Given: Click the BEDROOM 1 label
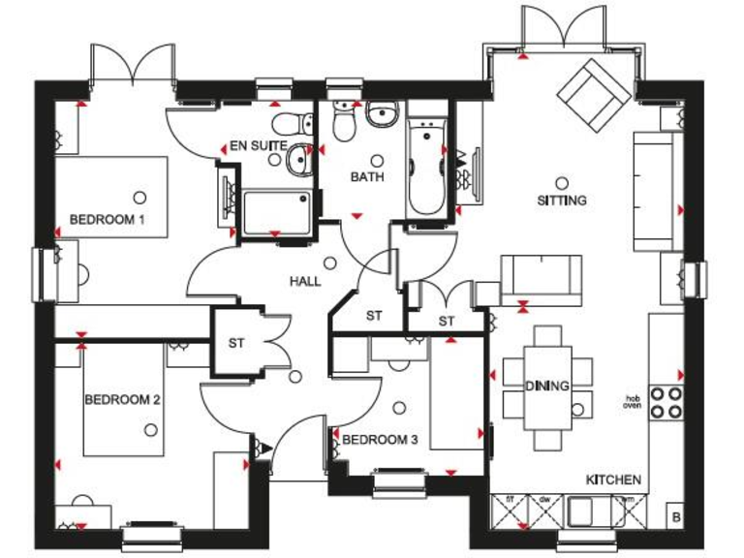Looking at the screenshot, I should tap(108, 220).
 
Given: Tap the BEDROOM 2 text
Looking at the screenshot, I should tap(122, 399).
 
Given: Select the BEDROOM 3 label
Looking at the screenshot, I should tap(380, 440).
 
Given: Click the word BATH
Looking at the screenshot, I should tap(367, 177).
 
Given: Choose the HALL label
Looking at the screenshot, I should tap(305, 281).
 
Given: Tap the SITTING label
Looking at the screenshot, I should tap(562, 201).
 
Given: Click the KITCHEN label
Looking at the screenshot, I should tap(613, 480).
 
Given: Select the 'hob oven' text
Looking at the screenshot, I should tap(633, 402).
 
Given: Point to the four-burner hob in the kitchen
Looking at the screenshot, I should tap(666, 402).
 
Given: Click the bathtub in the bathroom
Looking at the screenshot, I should tap(423, 165).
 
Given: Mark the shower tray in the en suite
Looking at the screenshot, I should tap(279, 211).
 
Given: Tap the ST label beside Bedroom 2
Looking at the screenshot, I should tap(237, 342).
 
